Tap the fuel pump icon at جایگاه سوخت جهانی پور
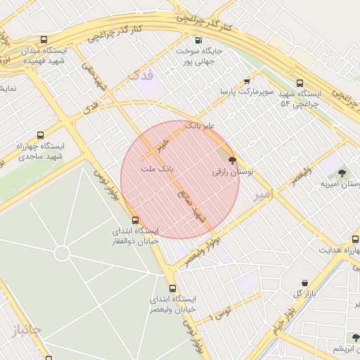(198, 40)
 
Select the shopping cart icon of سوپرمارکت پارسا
(246, 81)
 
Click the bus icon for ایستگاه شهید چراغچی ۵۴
(300, 82)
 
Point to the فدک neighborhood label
(141, 75)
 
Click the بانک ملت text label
(157, 169)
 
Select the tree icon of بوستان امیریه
(342, 172)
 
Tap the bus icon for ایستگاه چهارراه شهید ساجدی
(40, 135)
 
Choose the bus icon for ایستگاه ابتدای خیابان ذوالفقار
(136, 220)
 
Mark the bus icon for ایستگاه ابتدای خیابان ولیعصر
(172, 288)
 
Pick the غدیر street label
(164, 144)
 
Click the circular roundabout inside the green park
(61, 252)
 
